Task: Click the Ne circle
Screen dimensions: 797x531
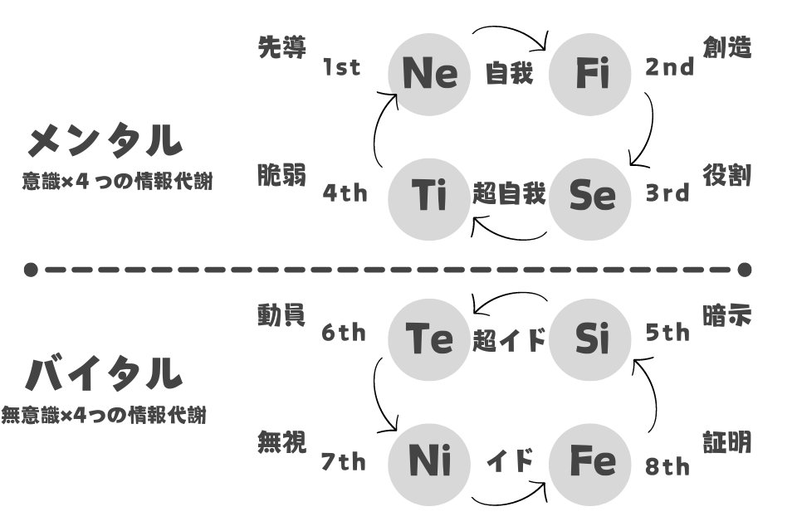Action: pyautogui.click(x=429, y=74)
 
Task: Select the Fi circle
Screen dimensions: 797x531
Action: pyautogui.click(x=590, y=74)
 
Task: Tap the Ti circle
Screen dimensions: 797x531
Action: pyautogui.click(x=429, y=198)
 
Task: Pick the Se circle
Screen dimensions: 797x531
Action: pyautogui.click(x=590, y=198)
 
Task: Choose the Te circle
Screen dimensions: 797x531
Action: pyautogui.click(x=429, y=339)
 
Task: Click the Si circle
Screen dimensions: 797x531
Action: pyautogui.click(x=590, y=339)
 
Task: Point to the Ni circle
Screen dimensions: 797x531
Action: pyautogui.click(x=429, y=465)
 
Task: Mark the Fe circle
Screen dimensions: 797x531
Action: pyautogui.click(x=590, y=465)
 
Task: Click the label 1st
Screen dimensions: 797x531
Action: pyautogui.click(x=341, y=67)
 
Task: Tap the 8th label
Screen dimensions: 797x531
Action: pyautogui.click(x=667, y=466)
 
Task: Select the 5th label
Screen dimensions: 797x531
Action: pyautogui.click(x=667, y=333)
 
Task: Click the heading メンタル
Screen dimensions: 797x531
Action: pyautogui.click(x=105, y=140)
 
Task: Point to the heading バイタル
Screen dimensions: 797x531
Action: pyautogui.click(x=104, y=374)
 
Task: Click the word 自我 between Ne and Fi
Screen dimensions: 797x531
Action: pyautogui.click(x=509, y=73)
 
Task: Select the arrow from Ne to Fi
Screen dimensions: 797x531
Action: pyautogui.click(x=511, y=27)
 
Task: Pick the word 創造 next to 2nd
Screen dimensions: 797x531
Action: pyautogui.click(x=727, y=48)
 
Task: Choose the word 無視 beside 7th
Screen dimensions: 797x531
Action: pyautogui.click(x=281, y=441)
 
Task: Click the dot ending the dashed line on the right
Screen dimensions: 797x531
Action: pyautogui.click(x=744, y=270)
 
